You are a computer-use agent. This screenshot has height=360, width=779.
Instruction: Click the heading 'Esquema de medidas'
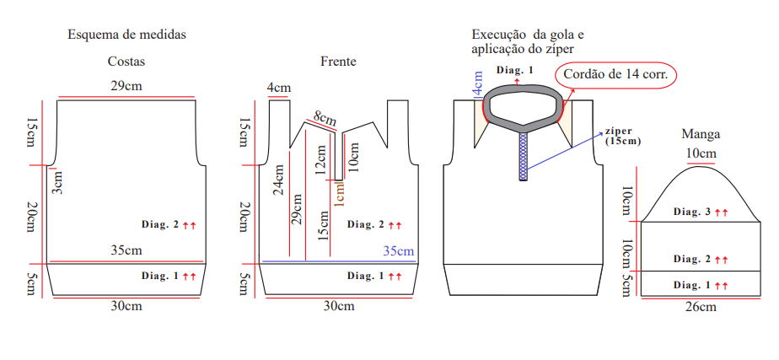126,35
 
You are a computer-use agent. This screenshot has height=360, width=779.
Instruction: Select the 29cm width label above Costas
126,86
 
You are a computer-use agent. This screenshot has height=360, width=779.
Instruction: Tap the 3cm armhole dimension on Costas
57,182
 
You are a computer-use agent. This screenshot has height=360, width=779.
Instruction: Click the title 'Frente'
338,62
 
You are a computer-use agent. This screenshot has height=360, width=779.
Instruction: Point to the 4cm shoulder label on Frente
279,89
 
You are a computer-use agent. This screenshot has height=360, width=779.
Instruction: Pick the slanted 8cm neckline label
324,118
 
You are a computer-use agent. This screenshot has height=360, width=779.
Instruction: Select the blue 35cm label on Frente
399,250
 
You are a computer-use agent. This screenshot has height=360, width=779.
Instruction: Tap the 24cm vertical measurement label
278,180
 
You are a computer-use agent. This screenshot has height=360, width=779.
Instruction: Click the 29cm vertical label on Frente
297,208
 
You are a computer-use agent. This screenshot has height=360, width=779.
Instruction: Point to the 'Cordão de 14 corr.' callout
615,76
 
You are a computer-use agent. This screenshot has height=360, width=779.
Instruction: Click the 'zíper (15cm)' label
623,136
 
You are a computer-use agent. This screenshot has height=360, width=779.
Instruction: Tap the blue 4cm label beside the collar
478,84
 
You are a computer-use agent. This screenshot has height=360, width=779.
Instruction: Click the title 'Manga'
701,133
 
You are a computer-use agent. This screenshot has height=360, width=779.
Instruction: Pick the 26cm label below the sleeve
701,307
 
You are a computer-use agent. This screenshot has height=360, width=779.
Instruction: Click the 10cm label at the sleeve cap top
701,153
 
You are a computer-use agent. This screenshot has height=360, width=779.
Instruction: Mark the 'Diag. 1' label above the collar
514,70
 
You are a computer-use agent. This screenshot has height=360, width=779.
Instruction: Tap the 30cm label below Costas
126,306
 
